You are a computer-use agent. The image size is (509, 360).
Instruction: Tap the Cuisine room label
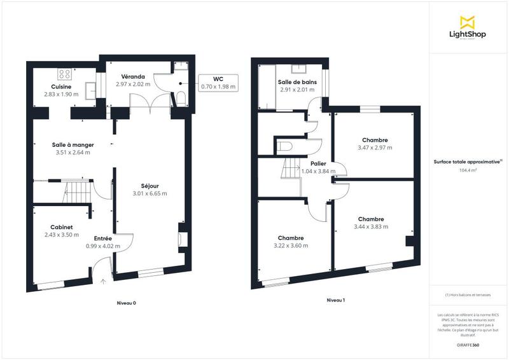pos(62,87)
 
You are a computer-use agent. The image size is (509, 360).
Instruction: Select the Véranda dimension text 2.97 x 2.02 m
pos(132,84)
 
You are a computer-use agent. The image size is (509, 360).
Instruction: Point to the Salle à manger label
pos(71,144)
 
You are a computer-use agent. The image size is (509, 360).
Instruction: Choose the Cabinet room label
pos(61,227)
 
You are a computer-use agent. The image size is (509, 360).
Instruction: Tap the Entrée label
pos(102,238)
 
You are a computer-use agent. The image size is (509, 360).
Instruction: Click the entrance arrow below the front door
pos(102,280)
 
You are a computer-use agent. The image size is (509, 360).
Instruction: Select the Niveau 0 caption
pos(127,303)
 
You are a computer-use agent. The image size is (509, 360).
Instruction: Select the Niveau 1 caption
pos(335,300)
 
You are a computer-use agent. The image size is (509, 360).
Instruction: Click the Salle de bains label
pos(298,82)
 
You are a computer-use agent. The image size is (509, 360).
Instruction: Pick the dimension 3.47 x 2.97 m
pos(375,148)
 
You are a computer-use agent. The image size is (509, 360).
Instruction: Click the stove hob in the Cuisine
pos(64,72)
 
